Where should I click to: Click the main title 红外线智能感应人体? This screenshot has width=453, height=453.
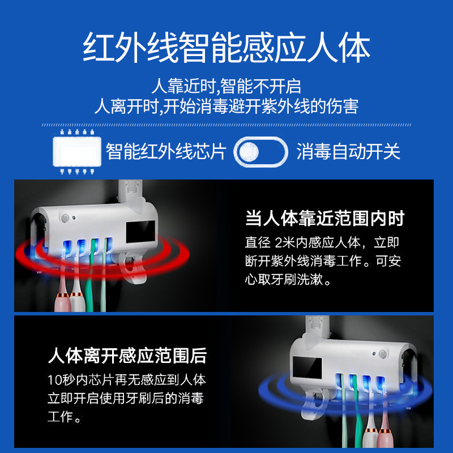point(226,47)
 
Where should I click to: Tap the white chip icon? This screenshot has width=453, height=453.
point(77,152)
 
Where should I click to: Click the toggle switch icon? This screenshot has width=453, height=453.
point(260,152)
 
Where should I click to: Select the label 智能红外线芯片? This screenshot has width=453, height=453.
point(165,151)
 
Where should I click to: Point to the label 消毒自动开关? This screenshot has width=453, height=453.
point(348,151)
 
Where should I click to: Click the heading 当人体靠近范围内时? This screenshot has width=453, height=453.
point(324,218)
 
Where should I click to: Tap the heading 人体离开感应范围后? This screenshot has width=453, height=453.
point(127,356)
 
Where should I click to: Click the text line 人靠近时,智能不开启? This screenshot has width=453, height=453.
point(226,86)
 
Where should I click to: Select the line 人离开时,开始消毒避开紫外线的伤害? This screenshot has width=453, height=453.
point(226,106)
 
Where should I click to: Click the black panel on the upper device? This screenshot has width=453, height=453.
point(140,232)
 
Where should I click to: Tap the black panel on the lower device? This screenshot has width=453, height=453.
point(307,367)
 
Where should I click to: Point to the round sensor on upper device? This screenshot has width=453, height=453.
point(65,218)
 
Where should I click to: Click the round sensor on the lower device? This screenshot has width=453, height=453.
point(383,353)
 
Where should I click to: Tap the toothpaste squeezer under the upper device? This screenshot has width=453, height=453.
point(134,267)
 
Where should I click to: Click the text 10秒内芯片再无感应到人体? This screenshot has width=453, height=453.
point(127,380)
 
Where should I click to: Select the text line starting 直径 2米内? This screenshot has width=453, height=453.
point(322,242)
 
